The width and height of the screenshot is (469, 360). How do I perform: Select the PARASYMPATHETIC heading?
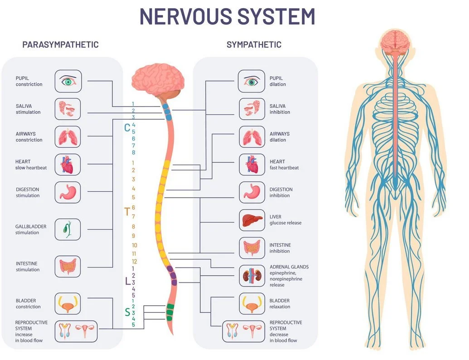[x=60, y=44]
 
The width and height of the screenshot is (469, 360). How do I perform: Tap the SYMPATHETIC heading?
[x=254, y=44]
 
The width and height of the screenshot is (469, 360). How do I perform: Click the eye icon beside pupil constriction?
[x=68, y=81]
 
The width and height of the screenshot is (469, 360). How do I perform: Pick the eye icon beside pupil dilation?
[x=252, y=81]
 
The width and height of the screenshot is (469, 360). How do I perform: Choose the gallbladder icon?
[x=68, y=229]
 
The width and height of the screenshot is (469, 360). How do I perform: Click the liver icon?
[x=252, y=220]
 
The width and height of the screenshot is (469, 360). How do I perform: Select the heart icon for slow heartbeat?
[x=68, y=165]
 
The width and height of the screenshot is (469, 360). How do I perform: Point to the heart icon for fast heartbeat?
[x=252, y=165]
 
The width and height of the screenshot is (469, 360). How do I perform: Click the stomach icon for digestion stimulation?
[x=68, y=192]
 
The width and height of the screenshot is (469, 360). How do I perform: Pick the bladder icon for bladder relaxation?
[x=252, y=303]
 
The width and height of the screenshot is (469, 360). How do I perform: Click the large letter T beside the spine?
[x=127, y=211]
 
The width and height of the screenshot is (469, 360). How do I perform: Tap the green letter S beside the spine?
[x=127, y=312]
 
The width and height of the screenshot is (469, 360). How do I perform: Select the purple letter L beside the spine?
[x=127, y=281]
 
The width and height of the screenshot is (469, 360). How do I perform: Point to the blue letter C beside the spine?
[x=127, y=127]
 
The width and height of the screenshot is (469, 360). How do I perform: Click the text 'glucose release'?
[x=285, y=223]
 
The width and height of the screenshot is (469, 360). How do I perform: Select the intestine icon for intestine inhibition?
[x=252, y=248]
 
